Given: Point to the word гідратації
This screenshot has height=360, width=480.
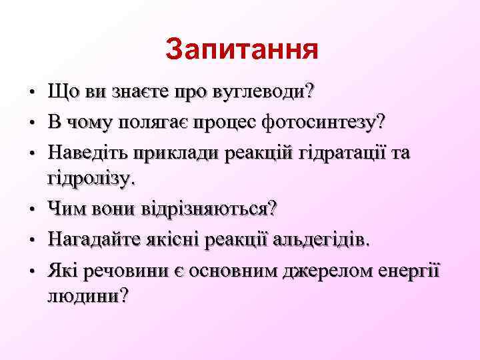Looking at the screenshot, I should (x=335, y=153).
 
